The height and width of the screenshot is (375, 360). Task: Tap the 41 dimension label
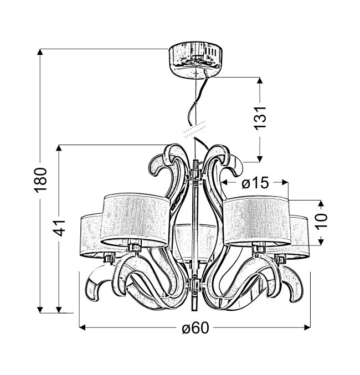coord(59,227)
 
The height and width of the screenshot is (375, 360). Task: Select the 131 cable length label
coord(260,118)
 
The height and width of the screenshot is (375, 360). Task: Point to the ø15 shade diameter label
coord(255,183)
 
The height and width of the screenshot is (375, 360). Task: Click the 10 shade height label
coord(321,221)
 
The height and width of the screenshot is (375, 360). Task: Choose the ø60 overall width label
coord(196,328)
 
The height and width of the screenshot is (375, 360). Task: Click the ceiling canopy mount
coord(196,60)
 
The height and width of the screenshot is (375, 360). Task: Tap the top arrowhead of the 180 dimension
coord(40,52)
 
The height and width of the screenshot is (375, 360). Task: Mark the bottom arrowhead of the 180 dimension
coord(40,310)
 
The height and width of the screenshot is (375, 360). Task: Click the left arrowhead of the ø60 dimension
coord(83,327)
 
